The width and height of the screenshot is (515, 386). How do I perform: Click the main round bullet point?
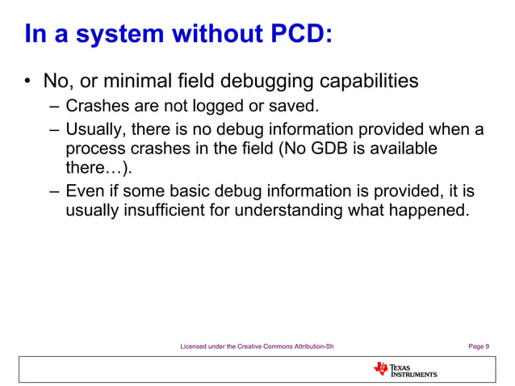tap(27, 82)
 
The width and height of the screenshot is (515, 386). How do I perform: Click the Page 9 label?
tap(478, 346)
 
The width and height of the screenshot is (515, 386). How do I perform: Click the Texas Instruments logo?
tap(405, 370)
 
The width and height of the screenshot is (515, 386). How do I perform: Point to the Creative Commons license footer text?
tap(257, 346)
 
